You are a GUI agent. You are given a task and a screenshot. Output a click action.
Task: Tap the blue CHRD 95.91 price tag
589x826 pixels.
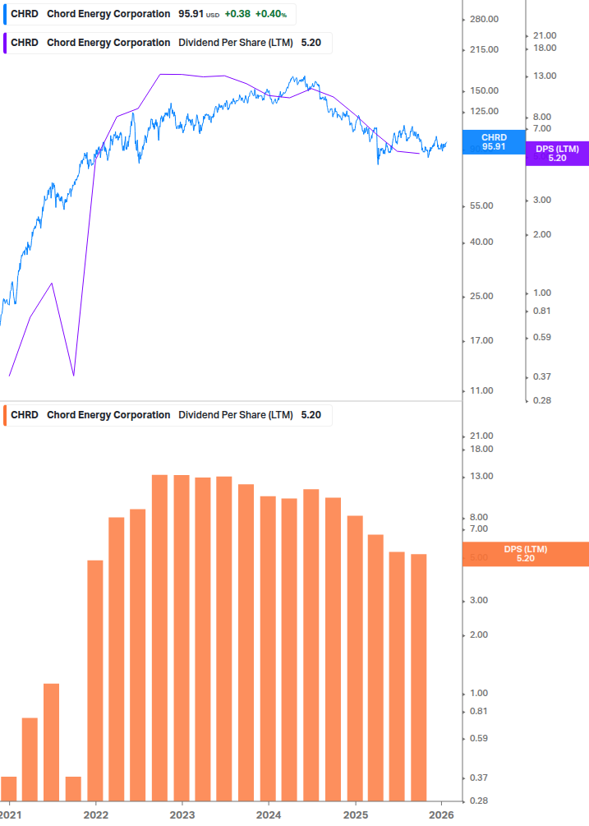[x=494, y=142]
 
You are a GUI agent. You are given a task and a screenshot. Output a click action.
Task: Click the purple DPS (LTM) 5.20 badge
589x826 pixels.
[x=557, y=153]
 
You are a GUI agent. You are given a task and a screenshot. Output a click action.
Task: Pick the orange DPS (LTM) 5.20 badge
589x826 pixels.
[x=526, y=554]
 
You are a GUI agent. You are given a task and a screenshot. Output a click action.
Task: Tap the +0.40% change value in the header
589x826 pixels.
[x=270, y=14]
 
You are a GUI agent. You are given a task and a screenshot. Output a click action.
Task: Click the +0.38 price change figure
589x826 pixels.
[x=237, y=14]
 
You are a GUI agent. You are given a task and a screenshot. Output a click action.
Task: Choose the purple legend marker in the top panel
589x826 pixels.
[x=6, y=43]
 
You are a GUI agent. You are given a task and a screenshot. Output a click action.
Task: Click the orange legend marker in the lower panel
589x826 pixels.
[x=6, y=415]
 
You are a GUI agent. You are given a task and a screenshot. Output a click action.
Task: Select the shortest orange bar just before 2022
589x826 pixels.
[x=73, y=787]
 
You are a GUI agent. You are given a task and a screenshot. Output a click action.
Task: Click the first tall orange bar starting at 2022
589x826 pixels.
[x=95, y=680]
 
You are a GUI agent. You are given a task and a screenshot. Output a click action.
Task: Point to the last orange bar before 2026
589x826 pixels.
[x=419, y=676]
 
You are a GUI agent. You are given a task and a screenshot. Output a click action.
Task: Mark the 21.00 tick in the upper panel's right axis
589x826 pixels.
[x=545, y=35]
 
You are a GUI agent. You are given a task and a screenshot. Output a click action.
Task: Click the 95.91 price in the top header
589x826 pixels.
[x=191, y=14]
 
